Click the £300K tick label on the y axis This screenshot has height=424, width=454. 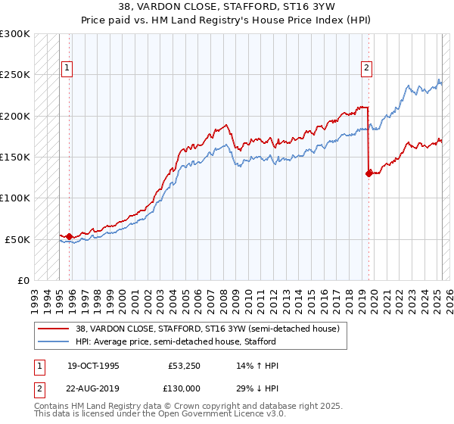click(x=16, y=34)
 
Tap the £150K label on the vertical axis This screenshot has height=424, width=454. click(x=16, y=157)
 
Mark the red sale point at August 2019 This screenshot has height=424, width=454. click(x=369, y=173)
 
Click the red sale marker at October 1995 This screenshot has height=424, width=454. click(x=69, y=237)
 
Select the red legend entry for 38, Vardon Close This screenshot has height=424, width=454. click(x=211, y=329)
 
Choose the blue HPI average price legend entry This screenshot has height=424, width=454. click(x=181, y=341)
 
